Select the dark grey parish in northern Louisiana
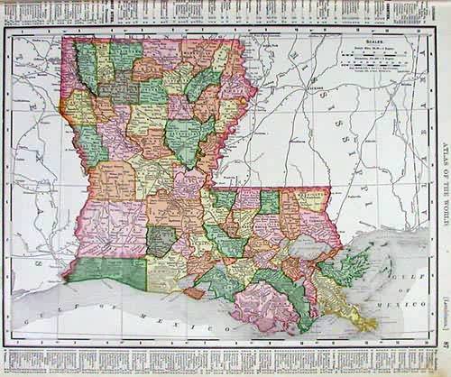(118, 89)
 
